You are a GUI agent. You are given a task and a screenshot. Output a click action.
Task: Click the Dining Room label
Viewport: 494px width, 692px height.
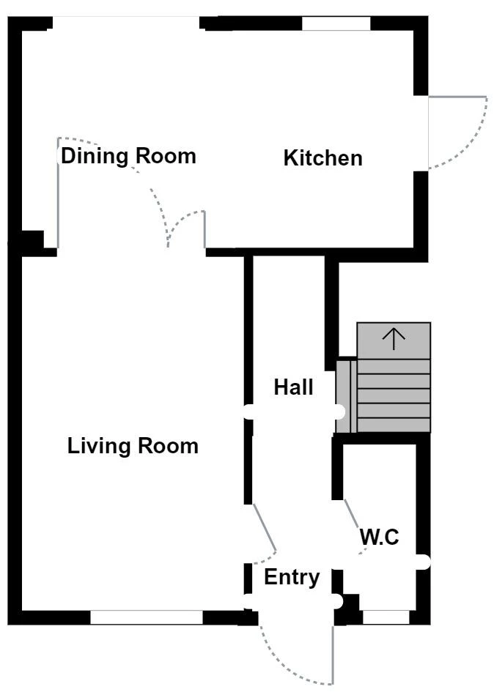pos(128,156)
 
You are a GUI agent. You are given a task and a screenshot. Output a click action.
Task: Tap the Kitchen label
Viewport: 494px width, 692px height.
pos(322,157)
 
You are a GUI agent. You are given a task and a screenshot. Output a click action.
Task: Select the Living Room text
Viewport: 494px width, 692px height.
pos(133,446)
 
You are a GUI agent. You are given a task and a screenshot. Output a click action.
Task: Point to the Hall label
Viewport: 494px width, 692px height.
pos(293,387)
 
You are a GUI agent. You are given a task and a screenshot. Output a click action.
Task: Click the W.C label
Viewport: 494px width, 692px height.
pos(379,537)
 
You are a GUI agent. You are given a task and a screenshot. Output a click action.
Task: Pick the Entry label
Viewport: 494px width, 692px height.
pos(292,578)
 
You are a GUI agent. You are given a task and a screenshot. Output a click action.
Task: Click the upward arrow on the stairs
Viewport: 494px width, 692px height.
pos(394,338)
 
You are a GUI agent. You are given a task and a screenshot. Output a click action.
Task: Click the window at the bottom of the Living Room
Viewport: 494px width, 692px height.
pos(146,617)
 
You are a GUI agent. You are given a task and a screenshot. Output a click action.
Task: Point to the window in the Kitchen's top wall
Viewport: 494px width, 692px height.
pos(336,23)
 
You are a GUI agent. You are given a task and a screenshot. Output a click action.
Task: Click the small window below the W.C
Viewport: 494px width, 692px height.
pos(386,617)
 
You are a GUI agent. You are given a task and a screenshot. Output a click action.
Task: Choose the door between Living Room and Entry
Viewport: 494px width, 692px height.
pos(264,529)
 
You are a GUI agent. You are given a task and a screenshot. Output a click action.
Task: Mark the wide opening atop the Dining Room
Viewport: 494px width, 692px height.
pos(126,22)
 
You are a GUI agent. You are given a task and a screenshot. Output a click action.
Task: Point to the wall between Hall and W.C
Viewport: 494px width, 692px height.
pos(337,469)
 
